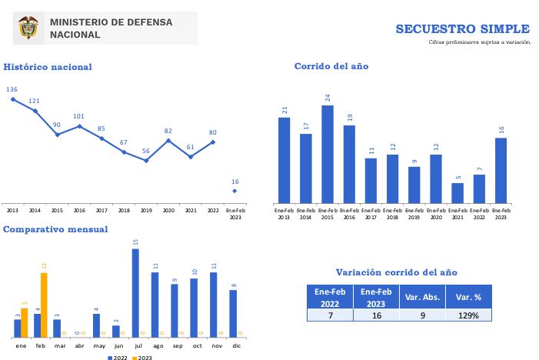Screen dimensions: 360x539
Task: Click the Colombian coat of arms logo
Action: (29, 28)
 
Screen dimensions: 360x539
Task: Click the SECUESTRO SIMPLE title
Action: (462, 28)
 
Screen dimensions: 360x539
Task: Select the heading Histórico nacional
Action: (48, 67)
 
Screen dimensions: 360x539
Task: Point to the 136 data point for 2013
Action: (12, 98)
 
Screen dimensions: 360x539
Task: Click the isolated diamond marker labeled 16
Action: (235, 191)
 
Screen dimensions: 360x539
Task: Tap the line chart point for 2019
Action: (146, 160)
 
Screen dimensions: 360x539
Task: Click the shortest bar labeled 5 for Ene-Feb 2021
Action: (457, 193)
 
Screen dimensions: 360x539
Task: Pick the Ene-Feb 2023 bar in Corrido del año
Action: (501, 170)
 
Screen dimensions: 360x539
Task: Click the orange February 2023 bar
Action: (44, 305)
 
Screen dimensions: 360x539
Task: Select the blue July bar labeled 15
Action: (135, 293)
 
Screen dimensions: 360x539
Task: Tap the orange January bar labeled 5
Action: (25, 323)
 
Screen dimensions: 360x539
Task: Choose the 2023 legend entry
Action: (141, 358)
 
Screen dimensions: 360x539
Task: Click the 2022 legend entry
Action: (118, 358)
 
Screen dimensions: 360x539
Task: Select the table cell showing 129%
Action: (468, 315)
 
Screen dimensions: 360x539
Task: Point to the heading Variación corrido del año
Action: (396, 272)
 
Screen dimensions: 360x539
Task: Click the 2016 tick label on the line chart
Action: (79, 209)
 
